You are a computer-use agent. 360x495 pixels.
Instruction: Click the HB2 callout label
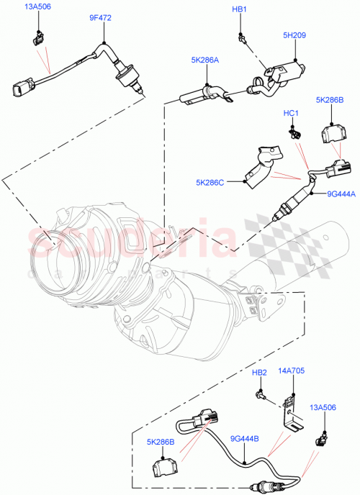[259, 372]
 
